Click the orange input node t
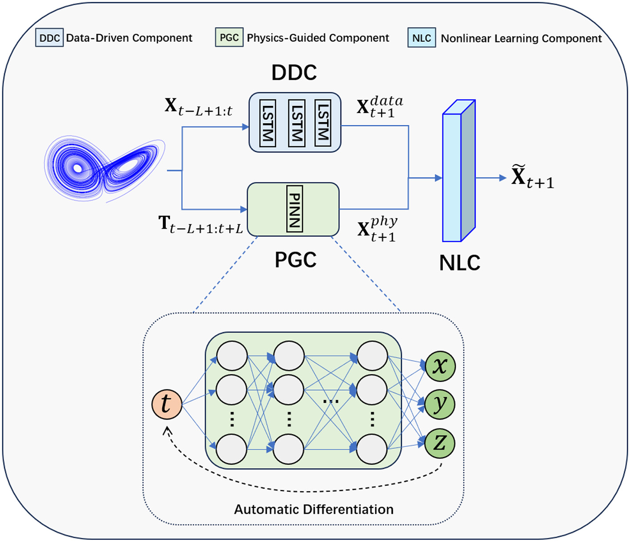click(x=167, y=404)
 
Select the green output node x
click(x=440, y=366)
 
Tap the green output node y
click(x=440, y=404)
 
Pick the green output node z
click(x=440, y=443)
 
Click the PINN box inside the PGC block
click(x=294, y=209)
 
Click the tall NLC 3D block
click(x=458, y=174)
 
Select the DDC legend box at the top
click(x=49, y=38)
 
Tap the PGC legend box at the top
click(x=229, y=37)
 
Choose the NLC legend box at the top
click(x=421, y=38)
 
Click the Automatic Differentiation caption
click(x=313, y=509)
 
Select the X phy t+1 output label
click(x=377, y=229)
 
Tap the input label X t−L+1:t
click(x=198, y=107)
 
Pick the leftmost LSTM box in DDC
click(x=267, y=123)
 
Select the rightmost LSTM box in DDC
click(x=323, y=123)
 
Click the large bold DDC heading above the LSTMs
click(x=294, y=73)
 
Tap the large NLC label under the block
click(x=460, y=263)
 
